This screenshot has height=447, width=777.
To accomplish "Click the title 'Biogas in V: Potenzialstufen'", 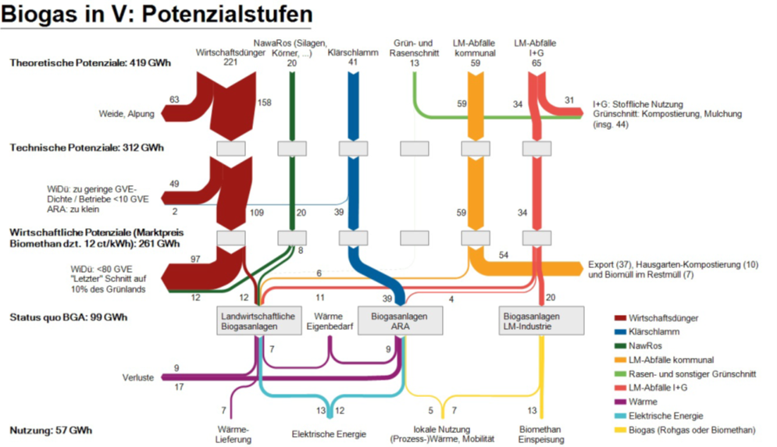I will [157, 15].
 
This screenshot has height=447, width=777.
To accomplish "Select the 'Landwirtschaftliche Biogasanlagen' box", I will [258, 321].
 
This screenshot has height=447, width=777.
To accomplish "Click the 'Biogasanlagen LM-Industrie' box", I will [540, 321].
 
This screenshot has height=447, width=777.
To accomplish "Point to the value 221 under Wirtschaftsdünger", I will [230, 62].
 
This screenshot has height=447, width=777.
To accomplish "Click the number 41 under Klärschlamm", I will [353, 62].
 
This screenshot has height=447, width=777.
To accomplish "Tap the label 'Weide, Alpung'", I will [127, 114].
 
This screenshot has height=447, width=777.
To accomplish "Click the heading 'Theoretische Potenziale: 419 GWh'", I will [91, 63].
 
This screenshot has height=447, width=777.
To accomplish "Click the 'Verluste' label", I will [137, 377].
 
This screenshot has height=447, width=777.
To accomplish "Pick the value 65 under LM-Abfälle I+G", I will [536, 62].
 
